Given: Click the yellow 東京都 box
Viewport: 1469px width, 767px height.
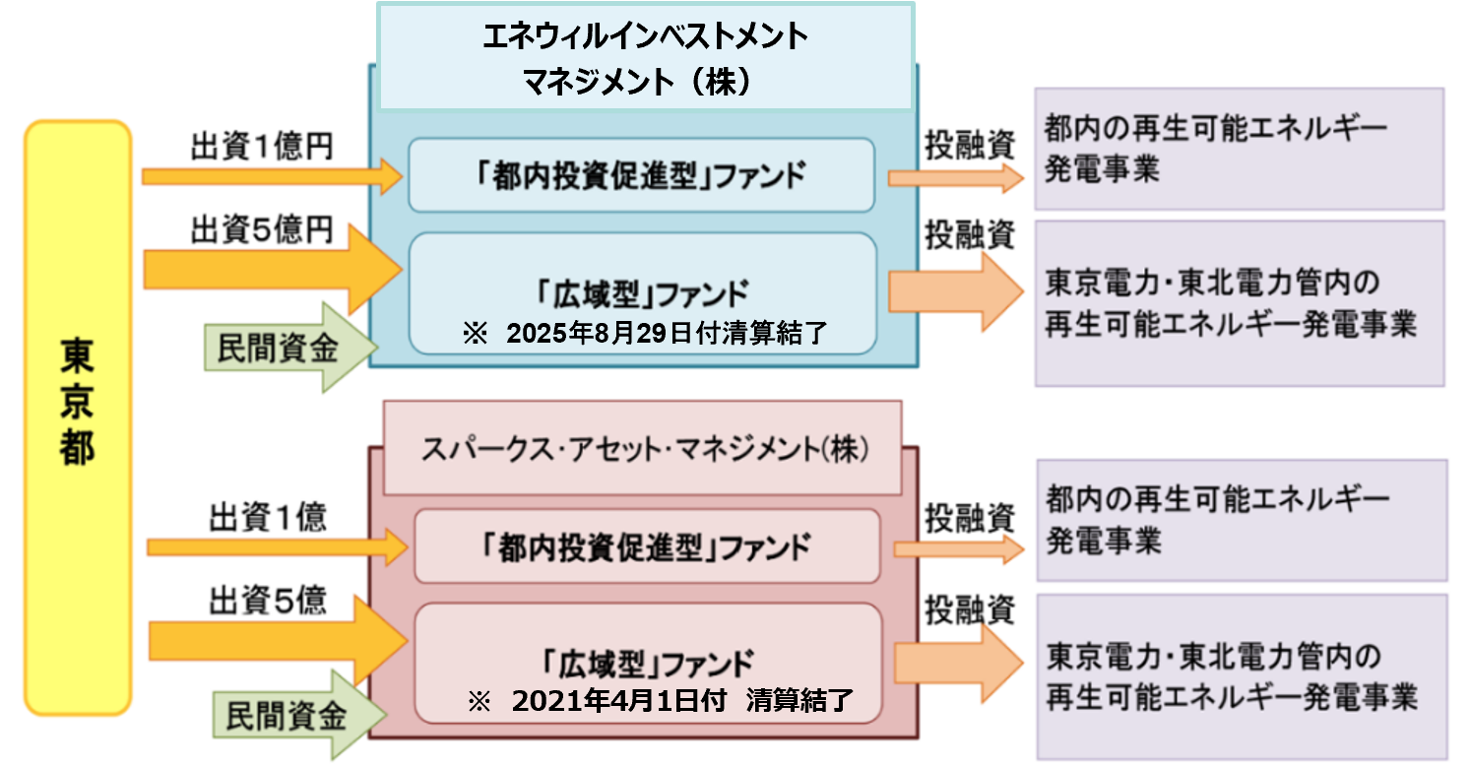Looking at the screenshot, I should (x=78, y=417).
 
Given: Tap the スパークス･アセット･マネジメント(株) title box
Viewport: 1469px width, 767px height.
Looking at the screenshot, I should (x=642, y=449).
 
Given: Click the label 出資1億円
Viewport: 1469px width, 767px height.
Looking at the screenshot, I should (x=261, y=146).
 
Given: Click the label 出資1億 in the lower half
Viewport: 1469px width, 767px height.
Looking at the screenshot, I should (x=267, y=517).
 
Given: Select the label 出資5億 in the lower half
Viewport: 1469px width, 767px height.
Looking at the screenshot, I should (x=267, y=601).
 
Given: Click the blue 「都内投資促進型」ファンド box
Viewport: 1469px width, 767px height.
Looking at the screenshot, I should (x=641, y=175).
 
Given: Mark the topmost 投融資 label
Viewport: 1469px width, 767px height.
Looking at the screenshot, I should (x=968, y=145).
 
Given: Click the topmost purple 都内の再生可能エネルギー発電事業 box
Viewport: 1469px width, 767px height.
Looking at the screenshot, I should (x=1239, y=149).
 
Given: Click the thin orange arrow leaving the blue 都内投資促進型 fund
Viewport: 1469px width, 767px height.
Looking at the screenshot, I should (x=955, y=177).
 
